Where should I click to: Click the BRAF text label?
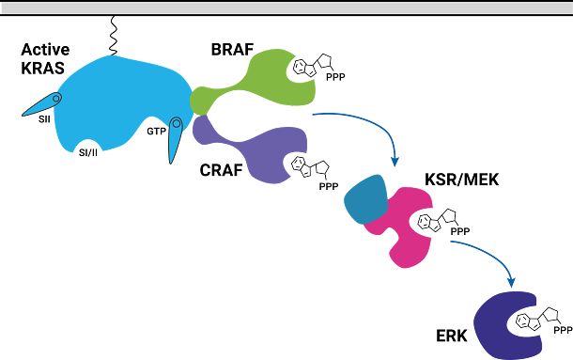coord(232,50)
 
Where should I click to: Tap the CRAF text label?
coord(221,170)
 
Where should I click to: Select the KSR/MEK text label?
coord(462,180)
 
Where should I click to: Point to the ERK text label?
coord(452,336)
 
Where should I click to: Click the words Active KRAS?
coord(44,59)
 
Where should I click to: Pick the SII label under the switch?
coord(44,119)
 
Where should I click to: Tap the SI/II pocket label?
coord(88,152)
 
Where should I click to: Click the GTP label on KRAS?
coord(157,131)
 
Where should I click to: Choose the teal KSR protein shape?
coord(365,199)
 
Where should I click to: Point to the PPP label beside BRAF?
coord(335,77)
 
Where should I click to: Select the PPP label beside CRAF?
coord(329,187)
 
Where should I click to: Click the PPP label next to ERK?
coord(563,330)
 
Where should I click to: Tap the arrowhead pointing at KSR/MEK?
coord(395,161)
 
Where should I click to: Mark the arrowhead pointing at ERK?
coord(512,282)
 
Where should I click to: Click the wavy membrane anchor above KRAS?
coord(113,36)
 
